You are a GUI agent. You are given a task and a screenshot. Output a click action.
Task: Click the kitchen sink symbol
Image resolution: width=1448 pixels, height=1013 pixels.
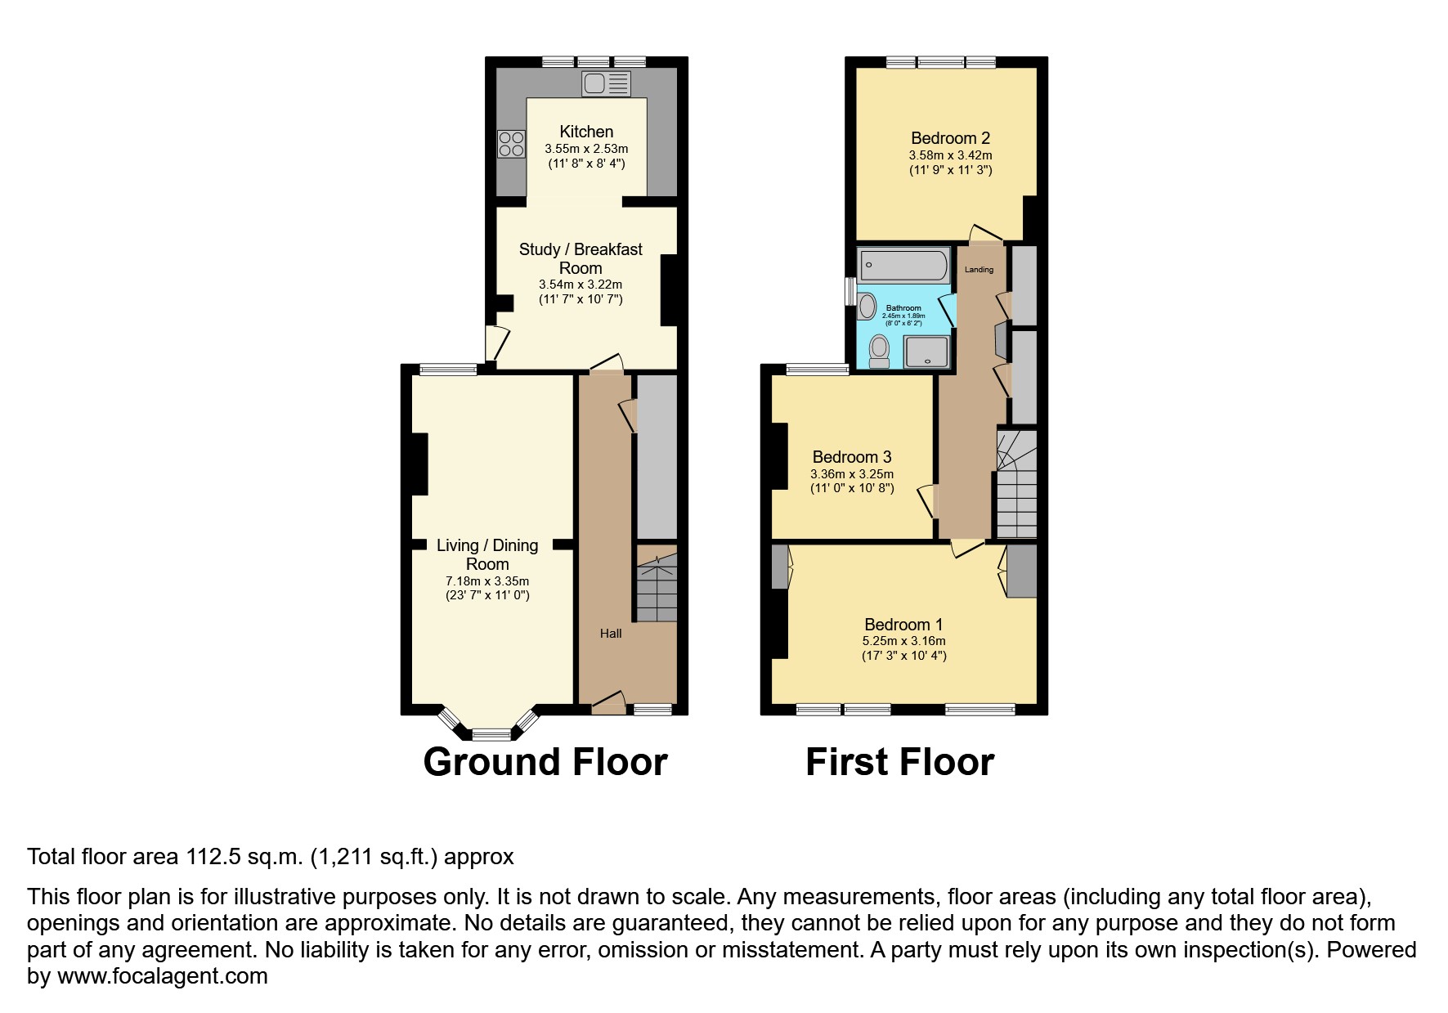coord(606,83)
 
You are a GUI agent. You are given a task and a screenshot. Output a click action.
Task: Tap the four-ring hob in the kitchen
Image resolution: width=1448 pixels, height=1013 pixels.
coord(511,145)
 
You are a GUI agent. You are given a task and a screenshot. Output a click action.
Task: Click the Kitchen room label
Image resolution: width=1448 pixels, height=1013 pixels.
coord(586,132)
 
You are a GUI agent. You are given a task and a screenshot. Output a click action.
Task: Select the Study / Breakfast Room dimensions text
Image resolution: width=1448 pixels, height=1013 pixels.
coord(581,292)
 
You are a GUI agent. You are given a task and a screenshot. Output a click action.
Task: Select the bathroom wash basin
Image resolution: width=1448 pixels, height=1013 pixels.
coord(867,307)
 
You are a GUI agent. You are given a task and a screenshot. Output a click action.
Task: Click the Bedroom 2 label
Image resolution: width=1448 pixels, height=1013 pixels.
coord(950,138)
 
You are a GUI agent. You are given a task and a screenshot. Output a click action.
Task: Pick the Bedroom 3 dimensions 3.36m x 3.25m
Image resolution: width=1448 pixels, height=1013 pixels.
coord(852,474)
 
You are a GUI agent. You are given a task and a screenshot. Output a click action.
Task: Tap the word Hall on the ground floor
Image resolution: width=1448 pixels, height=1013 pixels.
coord(611,634)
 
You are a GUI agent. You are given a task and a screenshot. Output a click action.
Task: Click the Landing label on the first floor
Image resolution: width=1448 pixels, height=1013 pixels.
coord(979,270)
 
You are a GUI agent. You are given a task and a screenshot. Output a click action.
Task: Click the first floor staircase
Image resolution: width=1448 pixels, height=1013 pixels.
coord(1016,486)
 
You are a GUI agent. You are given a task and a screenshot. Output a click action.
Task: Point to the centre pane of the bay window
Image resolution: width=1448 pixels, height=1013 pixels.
coord(491,734)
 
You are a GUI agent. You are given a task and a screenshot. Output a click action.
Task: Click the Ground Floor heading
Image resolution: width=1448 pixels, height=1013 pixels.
coord(545,762)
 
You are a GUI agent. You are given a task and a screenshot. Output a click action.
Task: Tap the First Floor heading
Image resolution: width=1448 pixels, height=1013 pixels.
coord(899,762)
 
